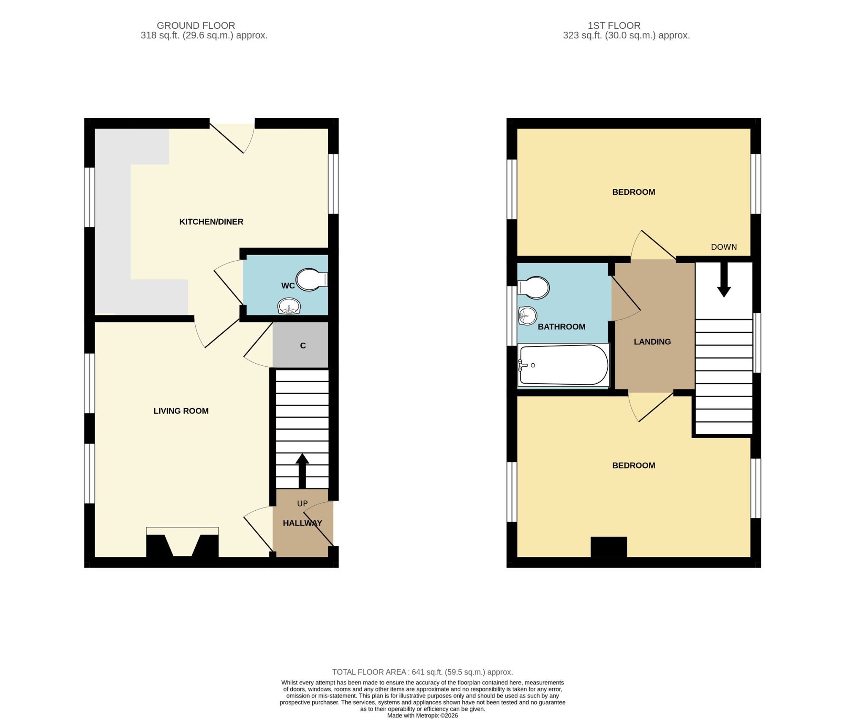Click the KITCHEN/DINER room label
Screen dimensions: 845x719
click(211, 222)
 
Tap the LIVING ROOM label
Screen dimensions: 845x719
click(181, 411)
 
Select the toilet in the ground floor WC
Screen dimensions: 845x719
click(312, 280)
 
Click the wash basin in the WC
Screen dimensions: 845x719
click(289, 306)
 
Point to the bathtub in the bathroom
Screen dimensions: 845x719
click(564, 365)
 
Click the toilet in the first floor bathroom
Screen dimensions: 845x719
click(533, 288)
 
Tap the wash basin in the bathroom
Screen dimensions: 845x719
click(527, 316)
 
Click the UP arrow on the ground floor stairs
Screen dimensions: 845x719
click(302, 471)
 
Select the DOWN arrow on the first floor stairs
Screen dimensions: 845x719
click(724, 280)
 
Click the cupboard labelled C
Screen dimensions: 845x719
click(300, 345)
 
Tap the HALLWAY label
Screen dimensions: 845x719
click(303, 523)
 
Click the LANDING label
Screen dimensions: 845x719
click(652, 342)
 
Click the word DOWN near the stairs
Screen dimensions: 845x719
click(724, 247)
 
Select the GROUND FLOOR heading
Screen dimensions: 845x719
click(196, 26)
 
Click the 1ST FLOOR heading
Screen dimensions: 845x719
click(614, 26)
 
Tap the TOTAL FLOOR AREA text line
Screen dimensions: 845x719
click(422, 672)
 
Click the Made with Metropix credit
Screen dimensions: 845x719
click(422, 716)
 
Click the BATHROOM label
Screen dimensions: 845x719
click(562, 327)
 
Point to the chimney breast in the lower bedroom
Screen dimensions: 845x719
click(609, 547)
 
